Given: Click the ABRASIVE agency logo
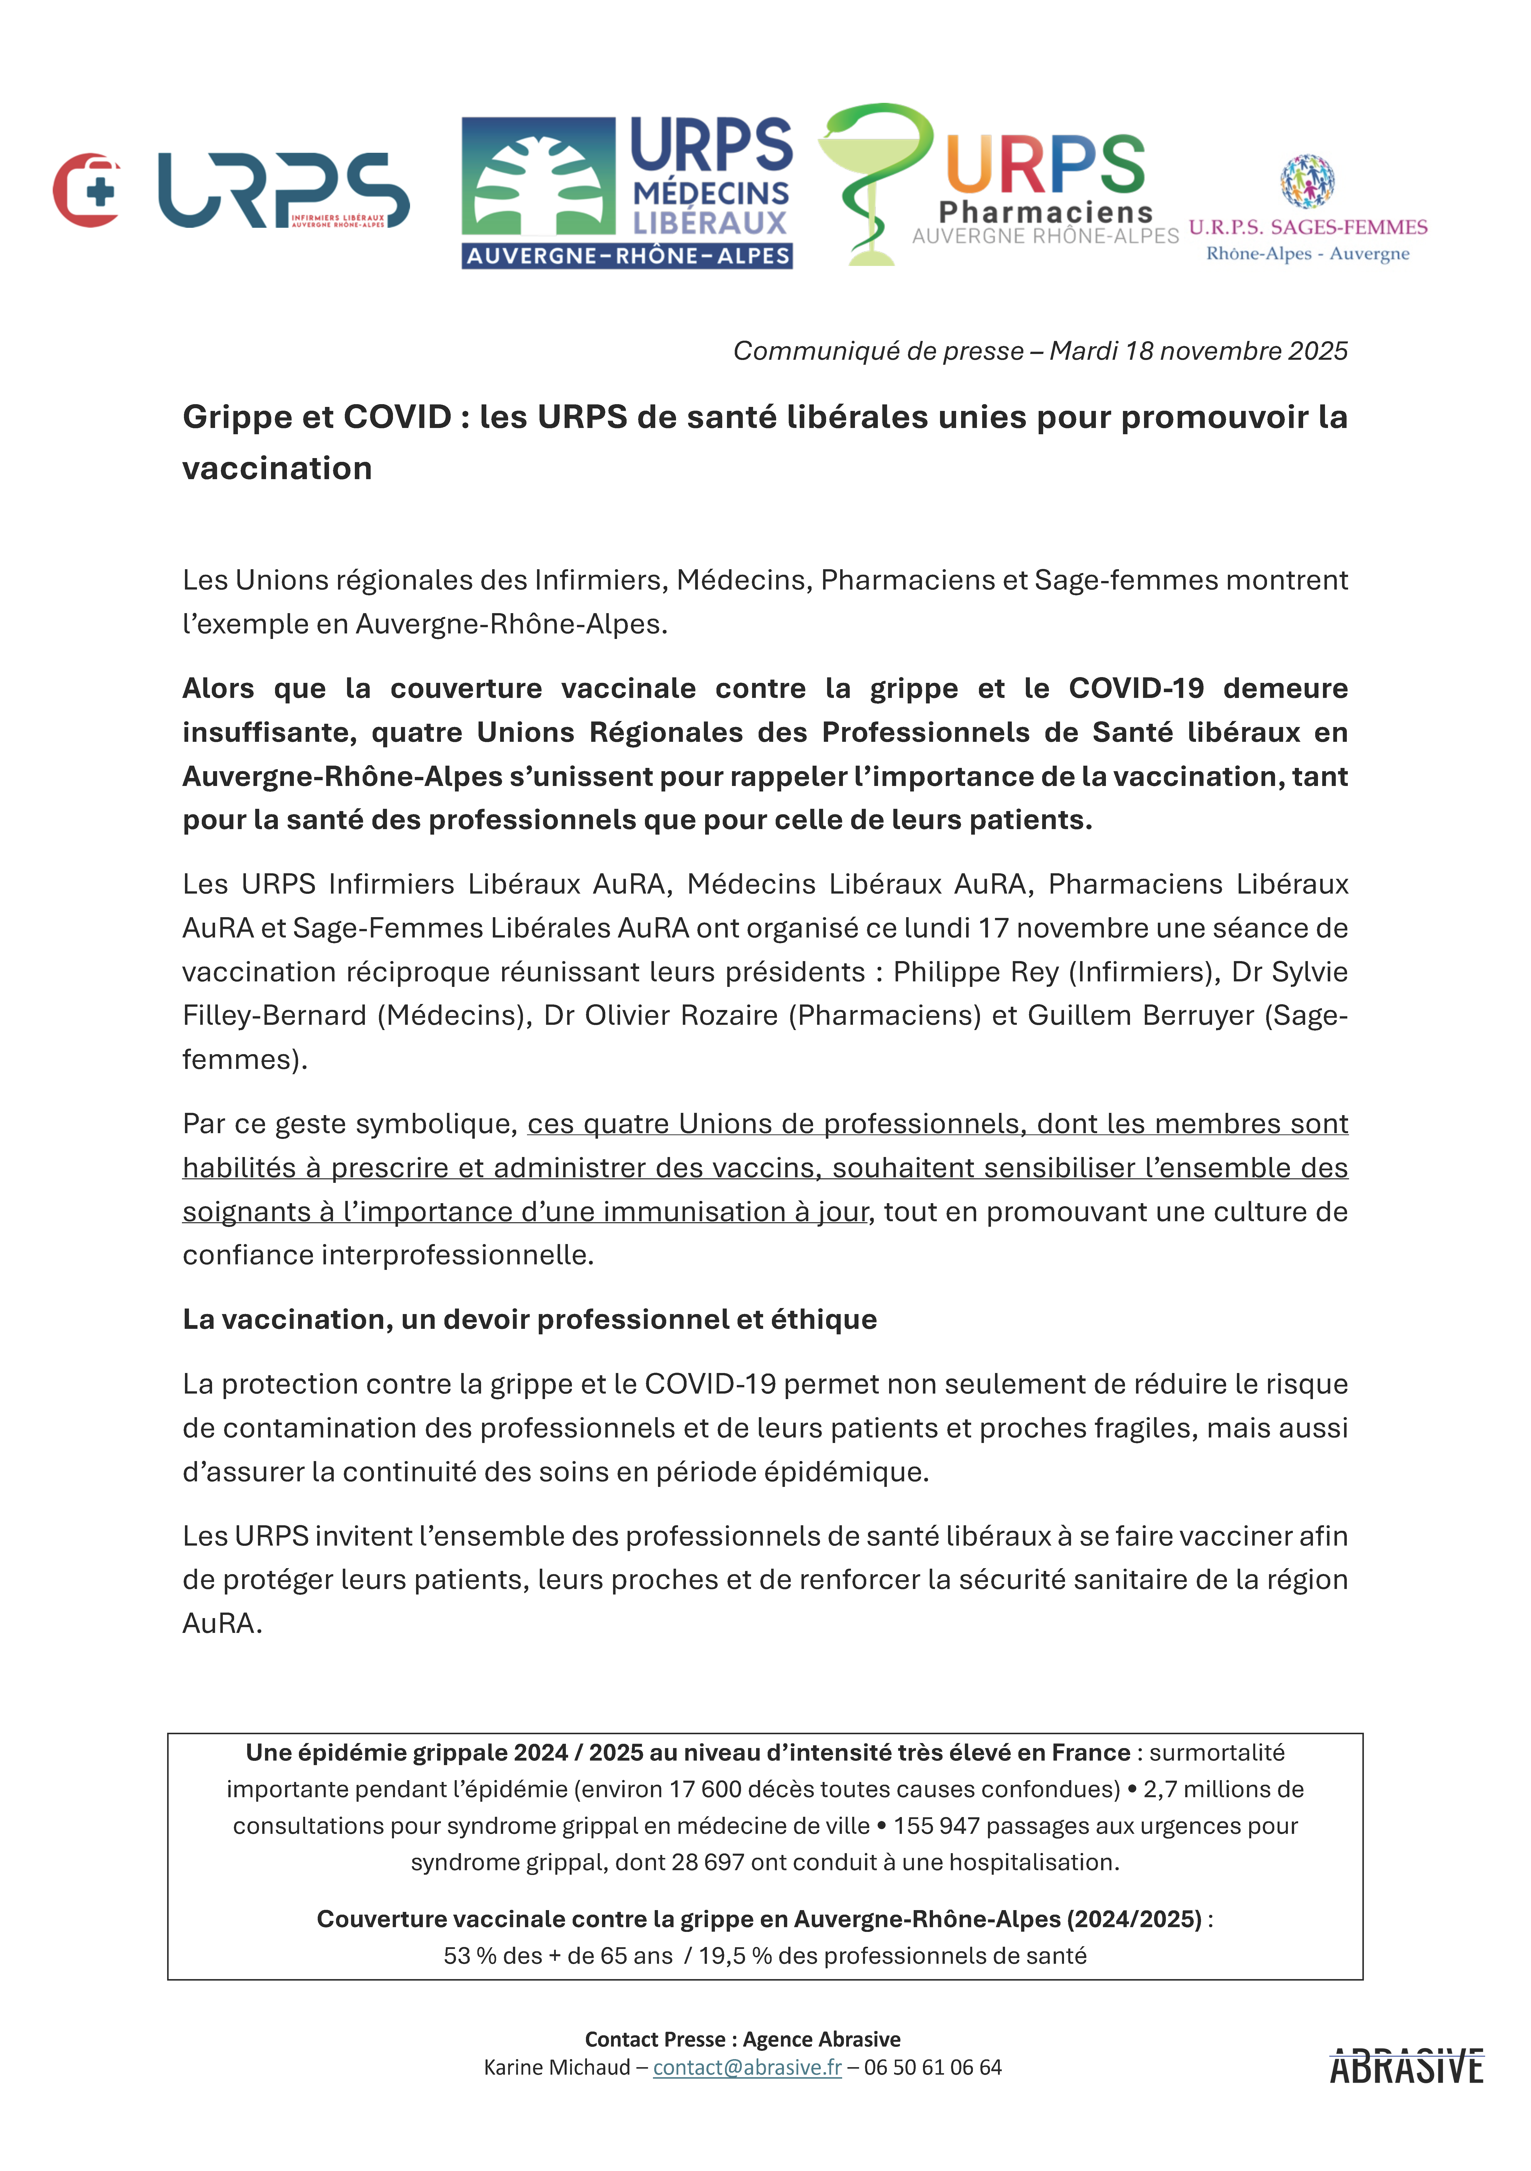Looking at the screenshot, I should pos(1406,2067).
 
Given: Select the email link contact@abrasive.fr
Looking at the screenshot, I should pos(747,2067).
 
